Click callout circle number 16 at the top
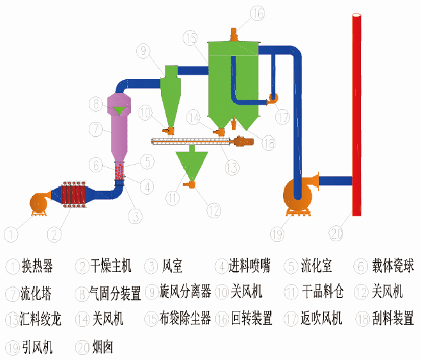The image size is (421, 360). click(x=257, y=12)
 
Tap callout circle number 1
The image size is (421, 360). click(x=10, y=234)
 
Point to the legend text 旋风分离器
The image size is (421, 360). click(x=186, y=293)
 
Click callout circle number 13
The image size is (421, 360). click(x=231, y=168)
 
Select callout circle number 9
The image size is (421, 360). click(x=142, y=50)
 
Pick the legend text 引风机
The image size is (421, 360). click(x=37, y=347)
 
